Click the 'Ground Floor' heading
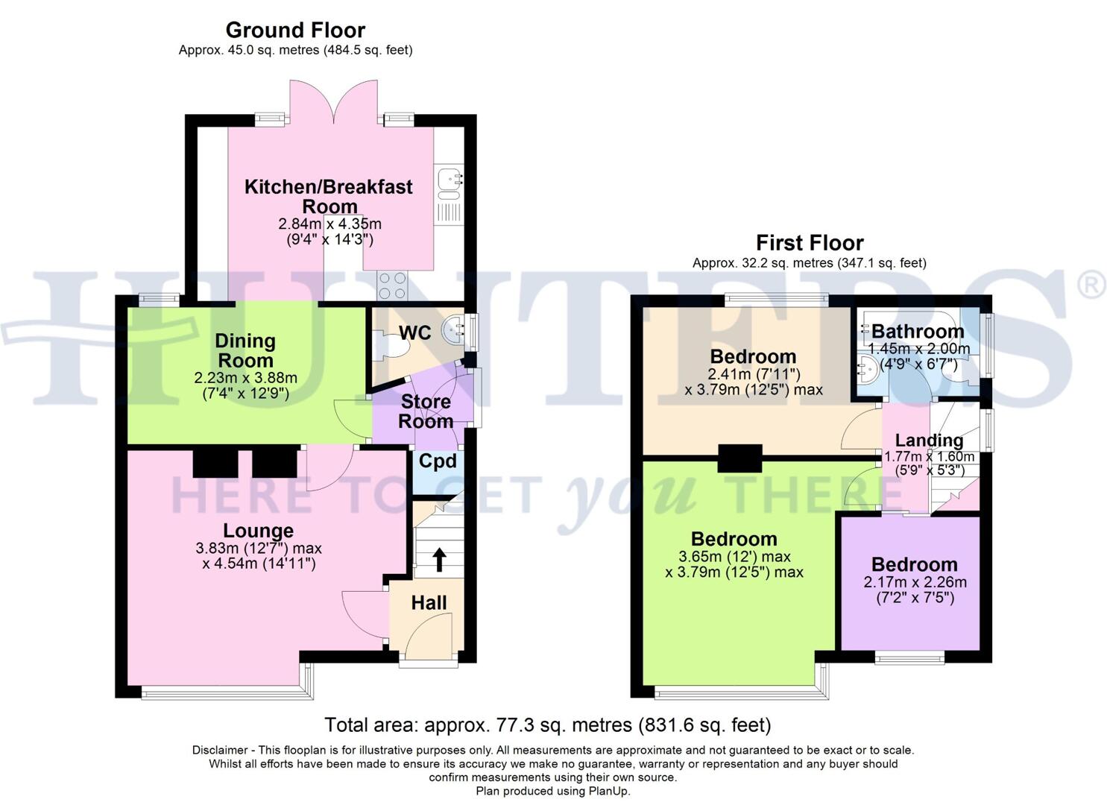[x=295, y=31]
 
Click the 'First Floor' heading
[x=810, y=243]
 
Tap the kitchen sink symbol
[x=450, y=180]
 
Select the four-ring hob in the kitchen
[x=394, y=284]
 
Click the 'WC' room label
[x=414, y=332]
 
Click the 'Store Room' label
[x=426, y=411]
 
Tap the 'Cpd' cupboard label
[x=437, y=461]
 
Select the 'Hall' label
[x=429, y=603]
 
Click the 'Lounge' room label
[x=259, y=531]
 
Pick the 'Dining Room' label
[x=245, y=350]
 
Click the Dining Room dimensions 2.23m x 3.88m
[x=246, y=378]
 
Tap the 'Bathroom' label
[x=918, y=331]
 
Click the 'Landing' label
[x=929, y=441]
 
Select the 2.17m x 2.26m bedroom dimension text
[x=915, y=582]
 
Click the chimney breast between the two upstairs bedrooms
[x=739, y=458]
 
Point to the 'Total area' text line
[x=547, y=724]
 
